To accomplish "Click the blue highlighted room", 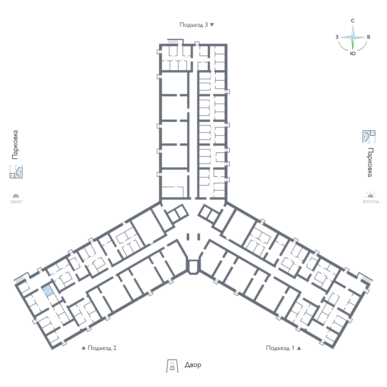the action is (48, 290).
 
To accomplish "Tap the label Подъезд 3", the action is (193, 25).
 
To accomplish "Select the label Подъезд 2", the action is (102, 348).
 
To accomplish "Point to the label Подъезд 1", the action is (280, 348).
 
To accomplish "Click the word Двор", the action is (193, 364).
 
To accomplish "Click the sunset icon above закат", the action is (16, 196).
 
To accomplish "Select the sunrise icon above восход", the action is (371, 194).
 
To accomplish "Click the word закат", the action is (16, 202).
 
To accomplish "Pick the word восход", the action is (371, 202).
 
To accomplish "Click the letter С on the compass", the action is (353, 21).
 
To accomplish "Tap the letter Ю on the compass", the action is (353, 54).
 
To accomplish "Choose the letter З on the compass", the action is (337, 37).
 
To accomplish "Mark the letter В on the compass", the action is (369, 37).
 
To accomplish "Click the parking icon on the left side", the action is (16, 172).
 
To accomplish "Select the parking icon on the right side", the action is (369, 137).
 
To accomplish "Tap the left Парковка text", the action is (15, 145).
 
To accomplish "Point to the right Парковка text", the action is (370, 162).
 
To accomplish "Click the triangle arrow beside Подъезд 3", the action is (212, 25).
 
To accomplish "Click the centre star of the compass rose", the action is (353, 37).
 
